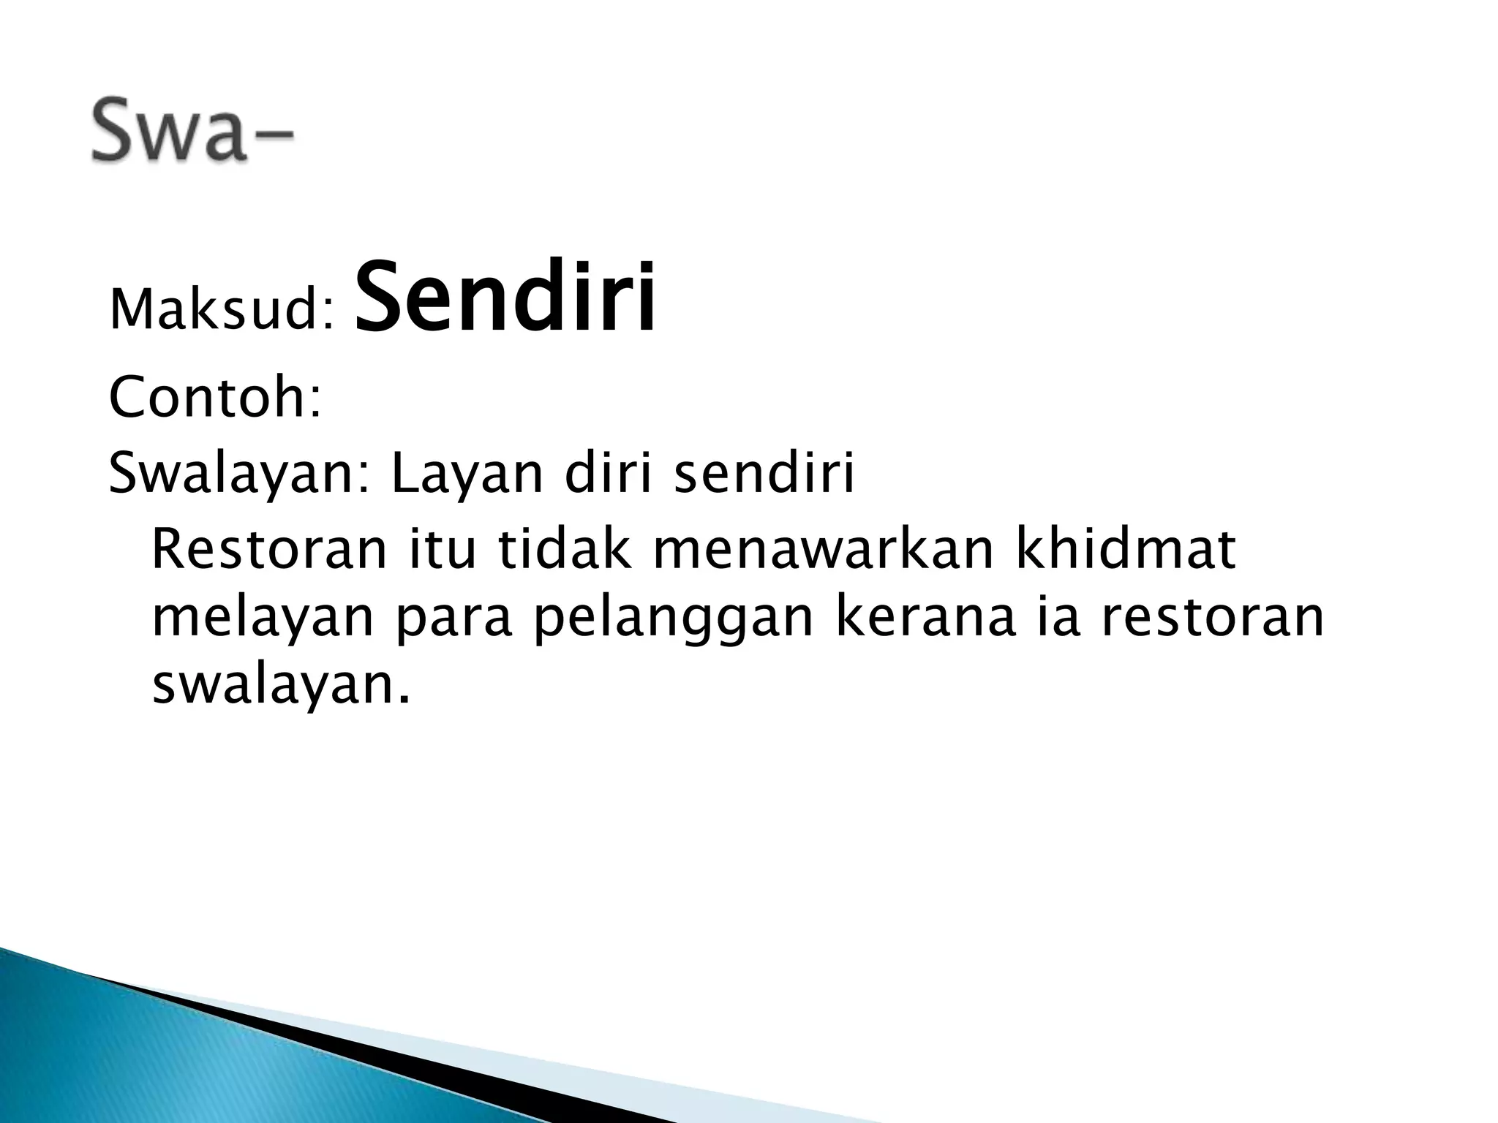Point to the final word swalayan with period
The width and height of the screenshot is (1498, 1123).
click(x=279, y=687)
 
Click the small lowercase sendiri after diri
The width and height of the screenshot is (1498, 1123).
click(x=764, y=474)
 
